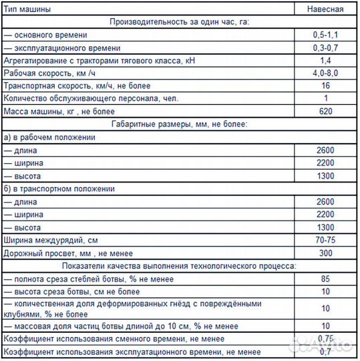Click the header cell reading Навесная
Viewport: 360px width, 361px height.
[325, 9]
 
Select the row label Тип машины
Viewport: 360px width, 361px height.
[26, 9]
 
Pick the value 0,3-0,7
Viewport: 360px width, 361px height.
[325, 47]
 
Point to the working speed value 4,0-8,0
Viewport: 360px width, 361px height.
[325, 73]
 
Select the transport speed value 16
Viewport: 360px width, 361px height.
[325, 86]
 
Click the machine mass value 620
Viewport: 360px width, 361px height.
[325, 111]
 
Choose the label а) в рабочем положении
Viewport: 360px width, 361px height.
[49, 137]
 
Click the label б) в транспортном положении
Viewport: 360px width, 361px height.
[59, 189]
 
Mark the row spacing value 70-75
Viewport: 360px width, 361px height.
[325, 240]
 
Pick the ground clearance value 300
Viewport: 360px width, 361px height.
[325, 253]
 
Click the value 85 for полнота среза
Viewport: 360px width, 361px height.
[325, 279]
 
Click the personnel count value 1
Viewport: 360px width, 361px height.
[325, 98]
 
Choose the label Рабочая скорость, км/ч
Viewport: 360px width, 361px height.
[50, 73]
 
